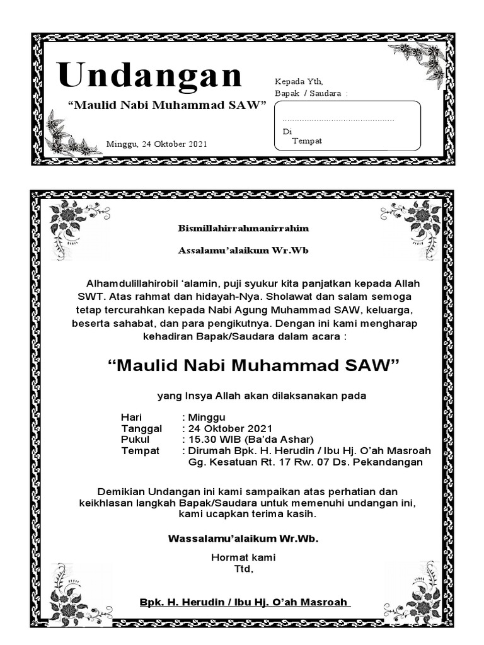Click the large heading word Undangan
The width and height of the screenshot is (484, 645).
click(x=150, y=76)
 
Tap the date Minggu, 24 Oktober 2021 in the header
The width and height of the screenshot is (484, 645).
click(x=157, y=144)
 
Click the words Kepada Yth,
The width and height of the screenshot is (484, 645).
click(x=299, y=81)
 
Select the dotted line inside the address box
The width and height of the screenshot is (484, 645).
click(x=338, y=119)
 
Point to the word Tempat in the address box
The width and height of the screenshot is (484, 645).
click(x=307, y=140)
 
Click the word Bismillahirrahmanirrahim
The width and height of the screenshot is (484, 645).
click(x=243, y=228)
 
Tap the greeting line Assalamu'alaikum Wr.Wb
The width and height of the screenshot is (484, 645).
click(x=243, y=250)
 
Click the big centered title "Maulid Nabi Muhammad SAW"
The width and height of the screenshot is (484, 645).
click(x=254, y=365)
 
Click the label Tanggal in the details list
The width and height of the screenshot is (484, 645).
click(x=141, y=428)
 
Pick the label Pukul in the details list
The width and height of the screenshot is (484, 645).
click(x=135, y=439)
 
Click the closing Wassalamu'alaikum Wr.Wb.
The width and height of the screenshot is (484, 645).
click(x=243, y=539)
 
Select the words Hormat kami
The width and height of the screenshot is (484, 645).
click(x=243, y=557)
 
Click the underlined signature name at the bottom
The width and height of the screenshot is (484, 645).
click(x=245, y=602)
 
